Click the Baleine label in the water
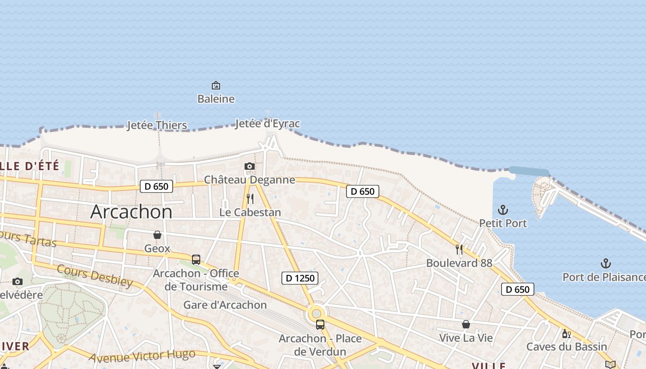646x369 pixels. [216, 99]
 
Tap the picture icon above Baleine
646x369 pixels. [215, 85]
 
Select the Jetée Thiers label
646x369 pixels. [157, 125]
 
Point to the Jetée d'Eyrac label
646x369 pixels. [268, 124]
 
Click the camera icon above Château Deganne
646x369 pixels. [250, 166]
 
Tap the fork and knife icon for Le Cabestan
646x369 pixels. [250, 199]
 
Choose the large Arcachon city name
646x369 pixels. [132, 212]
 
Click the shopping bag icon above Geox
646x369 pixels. [157, 235]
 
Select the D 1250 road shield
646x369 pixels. [300, 278]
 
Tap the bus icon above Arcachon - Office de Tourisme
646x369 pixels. [196, 259]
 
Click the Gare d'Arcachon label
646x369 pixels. [225, 305]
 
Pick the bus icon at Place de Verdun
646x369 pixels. [320, 324]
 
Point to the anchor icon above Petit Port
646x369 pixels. [503, 210]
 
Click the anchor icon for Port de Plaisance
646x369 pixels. [605, 263]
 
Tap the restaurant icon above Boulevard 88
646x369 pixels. [459, 250]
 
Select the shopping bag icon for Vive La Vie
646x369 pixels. [466, 324]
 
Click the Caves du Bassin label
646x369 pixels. [567, 346]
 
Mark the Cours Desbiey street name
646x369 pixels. [95, 275]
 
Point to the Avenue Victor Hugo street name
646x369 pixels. [142, 356]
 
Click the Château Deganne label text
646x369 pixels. [250, 179]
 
